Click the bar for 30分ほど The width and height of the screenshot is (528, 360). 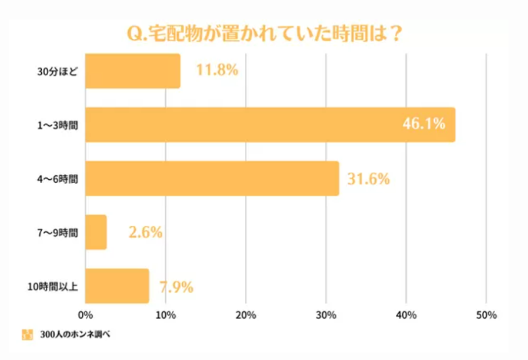pyautogui.click(x=133, y=71)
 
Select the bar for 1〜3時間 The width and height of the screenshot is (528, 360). pyautogui.click(x=269, y=125)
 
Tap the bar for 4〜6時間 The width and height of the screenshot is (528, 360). pyautogui.click(x=212, y=179)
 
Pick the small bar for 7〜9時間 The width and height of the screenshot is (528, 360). pyautogui.click(x=96, y=233)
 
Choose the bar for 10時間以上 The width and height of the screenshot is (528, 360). pyautogui.click(x=117, y=286)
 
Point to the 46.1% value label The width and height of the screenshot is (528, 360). pyautogui.click(x=424, y=124)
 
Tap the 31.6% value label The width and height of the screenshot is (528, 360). pyautogui.click(x=368, y=179)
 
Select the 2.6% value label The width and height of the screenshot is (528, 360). pyautogui.click(x=145, y=233)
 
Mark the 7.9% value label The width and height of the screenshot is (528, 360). pyautogui.click(x=177, y=287)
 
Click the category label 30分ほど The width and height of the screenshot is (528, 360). pyautogui.click(x=57, y=71)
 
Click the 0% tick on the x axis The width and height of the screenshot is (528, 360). pyautogui.click(x=85, y=315)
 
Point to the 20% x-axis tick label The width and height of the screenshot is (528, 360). pyautogui.click(x=246, y=315)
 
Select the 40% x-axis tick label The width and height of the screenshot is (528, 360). pyautogui.click(x=406, y=315)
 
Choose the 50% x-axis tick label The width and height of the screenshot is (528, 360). pyautogui.click(x=486, y=315)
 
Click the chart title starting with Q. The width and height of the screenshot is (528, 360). pyautogui.click(x=264, y=33)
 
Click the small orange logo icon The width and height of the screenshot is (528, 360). pyautogui.click(x=27, y=334)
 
